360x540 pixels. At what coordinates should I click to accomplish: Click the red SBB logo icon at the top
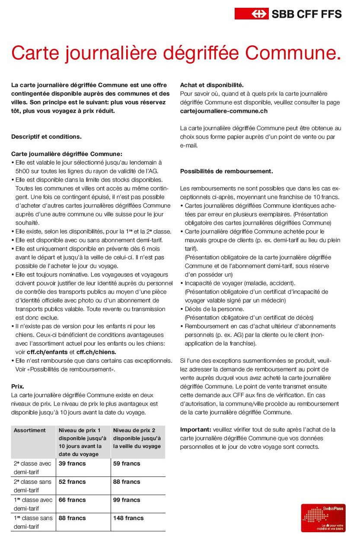tap(252, 14)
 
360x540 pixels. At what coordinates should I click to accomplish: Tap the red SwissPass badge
tap(323, 518)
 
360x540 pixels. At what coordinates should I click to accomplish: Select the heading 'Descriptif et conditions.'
tap(46, 137)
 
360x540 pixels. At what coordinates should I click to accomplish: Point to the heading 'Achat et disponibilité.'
tap(212, 85)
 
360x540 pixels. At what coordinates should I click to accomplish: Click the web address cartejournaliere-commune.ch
tap(223, 111)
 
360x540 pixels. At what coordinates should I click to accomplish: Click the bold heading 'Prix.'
tap(18, 386)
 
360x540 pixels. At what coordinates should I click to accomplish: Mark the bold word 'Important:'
tap(195, 429)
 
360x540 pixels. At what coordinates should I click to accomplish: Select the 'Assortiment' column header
tap(29, 430)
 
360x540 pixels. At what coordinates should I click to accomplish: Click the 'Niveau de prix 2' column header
tap(134, 430)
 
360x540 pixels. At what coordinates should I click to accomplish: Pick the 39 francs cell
tap(72, 464)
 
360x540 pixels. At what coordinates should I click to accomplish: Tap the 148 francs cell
tap(128, 518)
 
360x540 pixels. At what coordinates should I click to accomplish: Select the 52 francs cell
tap(72, 482)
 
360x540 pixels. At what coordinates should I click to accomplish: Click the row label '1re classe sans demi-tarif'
tap(32, 522)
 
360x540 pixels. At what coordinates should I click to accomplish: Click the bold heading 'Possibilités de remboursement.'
tap(226, 171)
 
